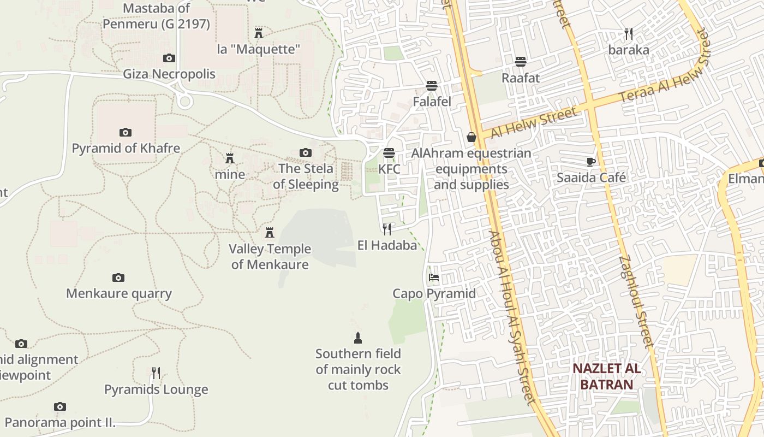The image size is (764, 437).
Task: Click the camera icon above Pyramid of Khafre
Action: (x=126, y=132)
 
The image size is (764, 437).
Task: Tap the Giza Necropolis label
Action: (x=169, y=74)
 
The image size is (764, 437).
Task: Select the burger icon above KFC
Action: (x=389, y=153)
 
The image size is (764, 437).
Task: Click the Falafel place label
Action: (x=432, y=102)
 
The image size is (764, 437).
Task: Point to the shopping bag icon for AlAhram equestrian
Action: (x=471, y=137)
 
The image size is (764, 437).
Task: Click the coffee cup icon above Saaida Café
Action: (x=591, y=162)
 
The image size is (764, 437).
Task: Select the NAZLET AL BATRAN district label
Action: (x=607, y=376)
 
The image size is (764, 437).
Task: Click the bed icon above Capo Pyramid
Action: (x=434, y=277)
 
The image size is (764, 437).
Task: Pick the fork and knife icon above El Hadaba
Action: (x=387, y=229)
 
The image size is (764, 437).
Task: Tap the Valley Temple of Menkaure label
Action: (x=270, y=257)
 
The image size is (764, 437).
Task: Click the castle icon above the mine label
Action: (x=230, y=159)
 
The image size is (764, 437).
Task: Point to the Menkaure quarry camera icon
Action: (x=118, y=278)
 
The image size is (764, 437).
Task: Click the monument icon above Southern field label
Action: (x=358, y=338)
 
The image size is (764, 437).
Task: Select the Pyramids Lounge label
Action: (x=156, y=389)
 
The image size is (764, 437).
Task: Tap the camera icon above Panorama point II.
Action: (x=60, y=407)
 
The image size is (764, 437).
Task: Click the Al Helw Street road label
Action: (x=534, y=123)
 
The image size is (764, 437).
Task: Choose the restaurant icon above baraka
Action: (x=629, y=34)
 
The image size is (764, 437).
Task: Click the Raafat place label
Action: (x=521, y=78)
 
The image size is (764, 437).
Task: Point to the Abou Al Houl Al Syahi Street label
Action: (x=512, y=317)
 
